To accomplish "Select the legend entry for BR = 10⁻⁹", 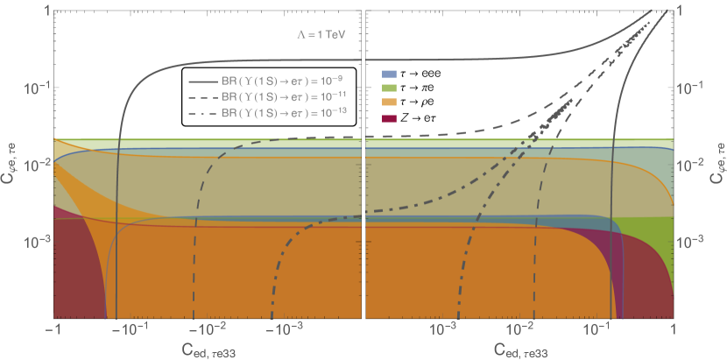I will pyautogui.click(x=268, y=80).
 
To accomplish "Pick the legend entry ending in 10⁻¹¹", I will pyautogui.click(x=268, y=97).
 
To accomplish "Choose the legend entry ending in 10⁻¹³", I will pyautogui.click(x=268, y=115).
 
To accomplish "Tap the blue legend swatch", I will pyautogui.click(x=391, y=74).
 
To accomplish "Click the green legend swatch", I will pyautogui.click(x=391, y=88).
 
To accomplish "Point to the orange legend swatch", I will pyautogui.click(x=391, y=103).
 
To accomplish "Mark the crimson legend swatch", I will pyautogui.click(x=391, y=118).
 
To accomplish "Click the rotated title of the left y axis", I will pyautogui.click(x=9, y=164).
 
